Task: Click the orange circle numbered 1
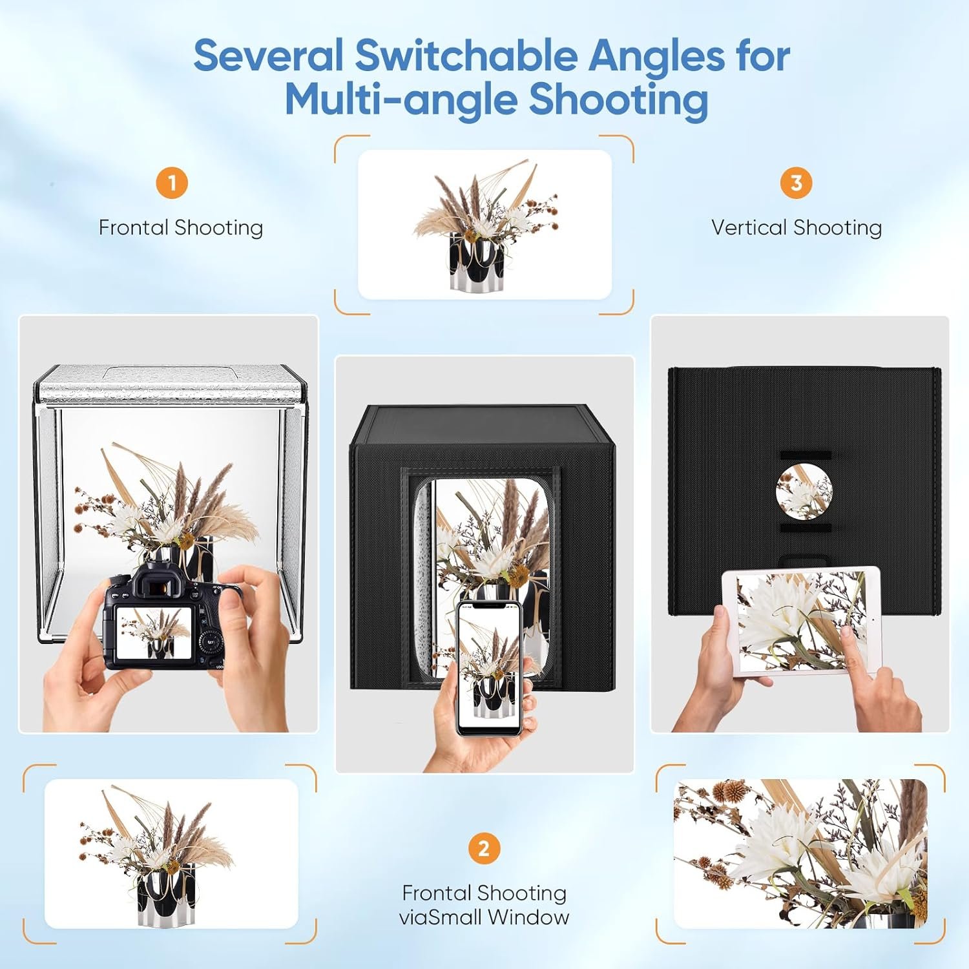172,183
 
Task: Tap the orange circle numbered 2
484,848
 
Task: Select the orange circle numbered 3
796,183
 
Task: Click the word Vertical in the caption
749,227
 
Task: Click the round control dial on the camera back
209,641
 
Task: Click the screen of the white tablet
801,620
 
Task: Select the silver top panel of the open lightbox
169,382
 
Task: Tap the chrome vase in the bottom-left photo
165,893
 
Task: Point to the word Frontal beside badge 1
134,227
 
